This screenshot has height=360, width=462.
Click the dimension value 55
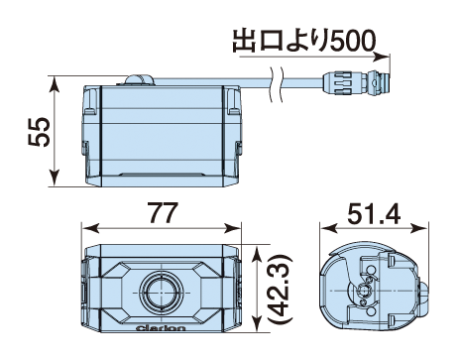pyautogui.click(x=40, y=131)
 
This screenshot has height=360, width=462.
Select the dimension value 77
pyautogui.click(x=162, y=213)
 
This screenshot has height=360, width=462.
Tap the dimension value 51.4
pyautogui.click(x=374, y=213)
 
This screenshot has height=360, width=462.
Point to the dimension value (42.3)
pyautogui.click(x=280, y=289)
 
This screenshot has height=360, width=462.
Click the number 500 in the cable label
pyautogui.click(x=353, y=41)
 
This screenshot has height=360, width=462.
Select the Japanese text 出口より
pyautogui.click(x=281, y=41)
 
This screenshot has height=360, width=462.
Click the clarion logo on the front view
pyautogui.click(x=161, y=328)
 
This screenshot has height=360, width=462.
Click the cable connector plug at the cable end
pyautogui.click(x=356, y=82)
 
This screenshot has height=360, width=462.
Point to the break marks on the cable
pyautogui.click(x=277, y=83)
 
